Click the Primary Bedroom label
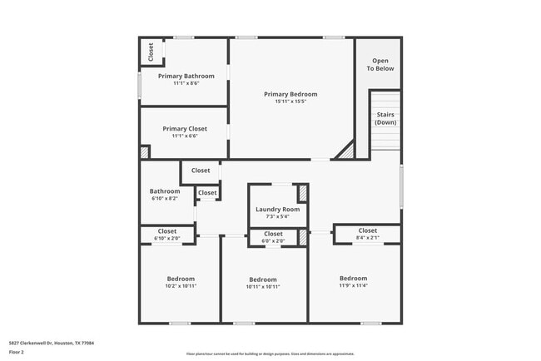click(290, 94)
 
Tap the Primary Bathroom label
click(186, 76)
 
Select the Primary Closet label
click(185, 129)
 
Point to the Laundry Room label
click(277, 209)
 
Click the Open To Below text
click(381, 64)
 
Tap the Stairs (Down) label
click(385, 118)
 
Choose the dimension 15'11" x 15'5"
click(290, 101)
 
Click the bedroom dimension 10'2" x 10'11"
click(181, 286)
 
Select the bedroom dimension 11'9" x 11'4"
click(353, 285)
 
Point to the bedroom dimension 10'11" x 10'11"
click(263, 287)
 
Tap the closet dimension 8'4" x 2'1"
click(367, 238)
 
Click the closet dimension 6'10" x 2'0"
click(167, 239)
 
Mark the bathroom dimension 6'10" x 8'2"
click(165, 199)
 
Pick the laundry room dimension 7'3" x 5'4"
click(277, 216)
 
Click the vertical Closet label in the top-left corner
click(151, 52)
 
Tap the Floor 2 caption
click(17, 353)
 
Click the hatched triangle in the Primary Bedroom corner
click(345, 151)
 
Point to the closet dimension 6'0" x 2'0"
click(273, 241)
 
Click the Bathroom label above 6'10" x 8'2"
click(165, 191)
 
